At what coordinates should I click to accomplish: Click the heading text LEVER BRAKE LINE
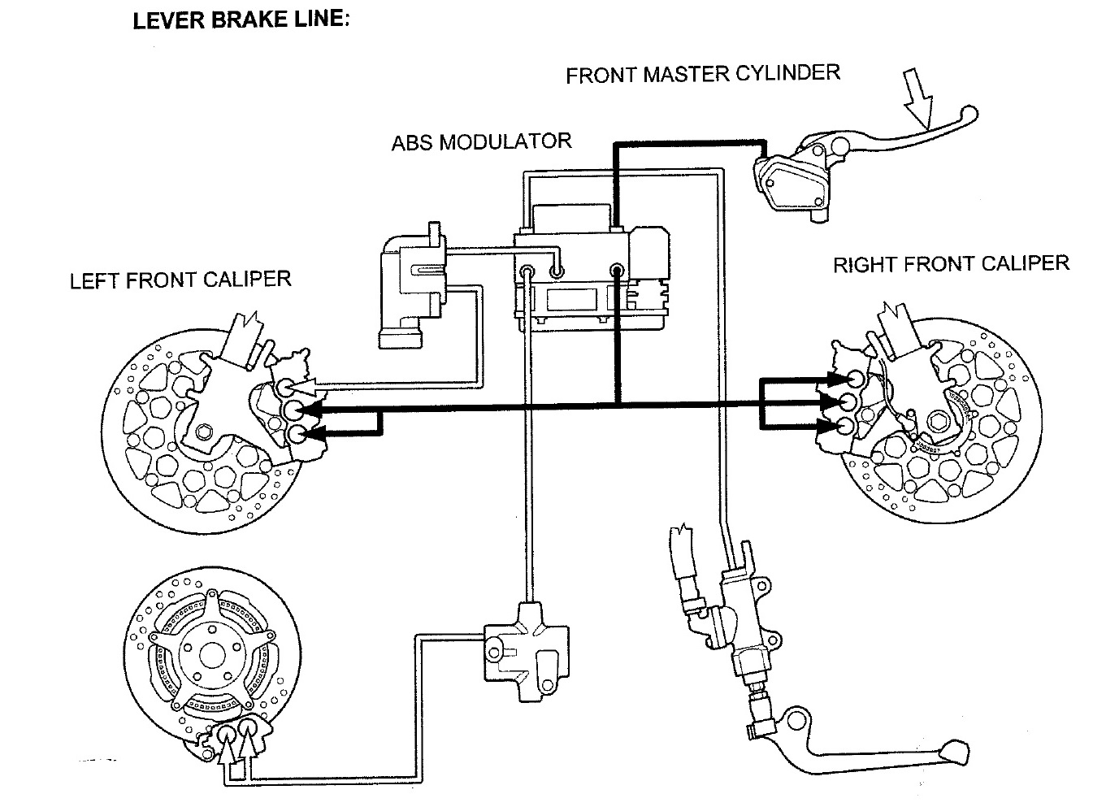241,20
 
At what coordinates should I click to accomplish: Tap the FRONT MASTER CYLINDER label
702,74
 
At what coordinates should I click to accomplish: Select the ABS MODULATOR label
481,142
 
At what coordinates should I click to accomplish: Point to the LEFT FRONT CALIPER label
180,280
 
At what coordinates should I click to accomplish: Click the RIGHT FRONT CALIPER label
951,264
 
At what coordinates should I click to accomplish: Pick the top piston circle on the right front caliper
853,380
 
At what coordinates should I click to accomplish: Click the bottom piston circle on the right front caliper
846,426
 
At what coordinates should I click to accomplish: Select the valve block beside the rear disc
525,647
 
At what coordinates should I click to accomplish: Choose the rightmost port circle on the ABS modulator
617,270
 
